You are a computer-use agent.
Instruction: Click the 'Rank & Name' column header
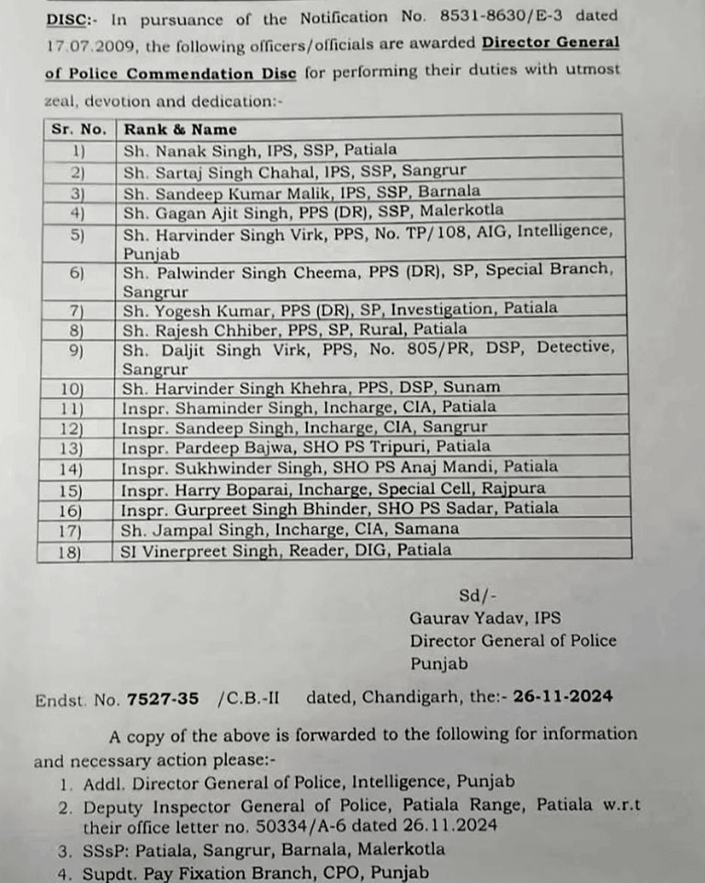pyautogui.click(x=180, y=129)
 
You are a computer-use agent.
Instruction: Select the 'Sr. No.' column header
pyautogui.click(x=79, y=129)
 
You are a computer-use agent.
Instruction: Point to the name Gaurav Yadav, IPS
pyautogui.click(x=485, y=618)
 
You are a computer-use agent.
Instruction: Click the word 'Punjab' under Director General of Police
pyautogui.click(x=439, y=663)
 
